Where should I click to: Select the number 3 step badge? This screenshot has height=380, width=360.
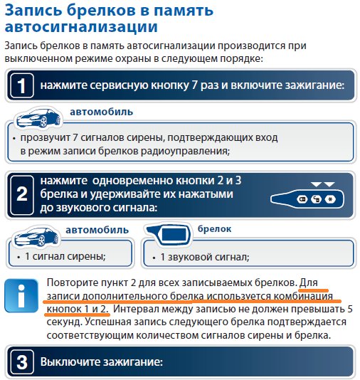pyautogui.click(x=21, y=361)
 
